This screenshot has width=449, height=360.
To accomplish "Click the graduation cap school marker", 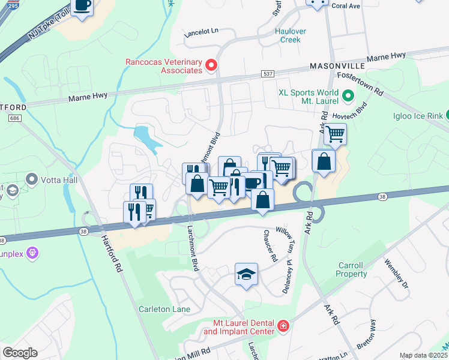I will (x=246, y=274).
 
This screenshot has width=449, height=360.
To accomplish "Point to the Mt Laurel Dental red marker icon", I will (x=283, y=326).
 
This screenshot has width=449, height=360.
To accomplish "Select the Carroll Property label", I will (x=351, y=269).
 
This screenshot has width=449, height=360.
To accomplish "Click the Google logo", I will (x=20, y=352).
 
